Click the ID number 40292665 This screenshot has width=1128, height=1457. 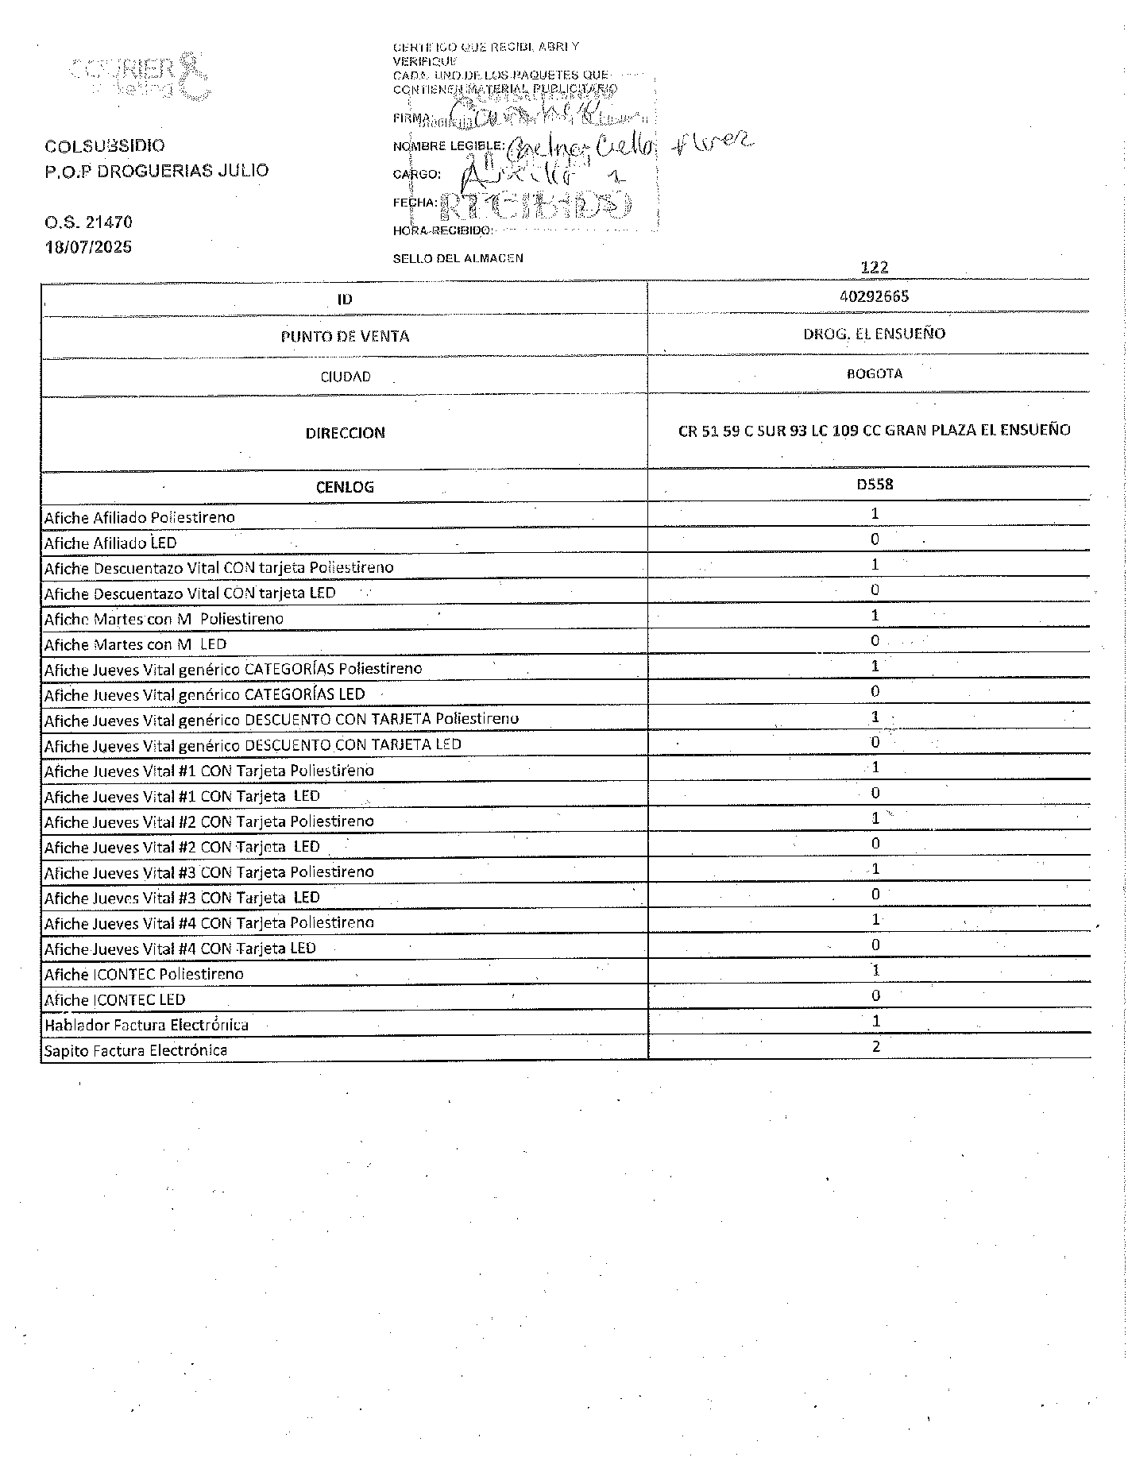[x=874, y=296]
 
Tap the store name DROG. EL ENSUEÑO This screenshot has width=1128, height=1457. [x=874, y=334]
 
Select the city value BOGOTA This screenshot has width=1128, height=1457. [x=874, y=373]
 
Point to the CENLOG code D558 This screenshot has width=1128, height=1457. [x=874, y=484]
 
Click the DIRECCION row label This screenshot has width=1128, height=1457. [x=345, y=433]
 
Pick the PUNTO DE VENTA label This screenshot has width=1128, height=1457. [x=345, y=337]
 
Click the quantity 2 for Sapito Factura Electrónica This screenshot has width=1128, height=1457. [x=875, y=1046]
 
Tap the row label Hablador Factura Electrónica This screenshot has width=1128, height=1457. [x=146, y=1025]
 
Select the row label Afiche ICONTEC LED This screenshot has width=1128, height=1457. [x=114, y=999]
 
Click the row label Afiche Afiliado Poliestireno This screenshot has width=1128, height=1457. [x=139, y=517]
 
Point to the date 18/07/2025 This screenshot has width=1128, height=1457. [x=88, y=246]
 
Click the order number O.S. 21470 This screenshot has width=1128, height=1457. [x=88, y=222]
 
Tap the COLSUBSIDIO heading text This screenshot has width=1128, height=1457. [x=105, y=146]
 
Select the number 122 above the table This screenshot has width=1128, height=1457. [x=874, y=267]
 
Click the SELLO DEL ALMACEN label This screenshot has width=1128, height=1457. [x=458, y=258]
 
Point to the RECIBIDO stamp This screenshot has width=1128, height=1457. [x=535, y=205]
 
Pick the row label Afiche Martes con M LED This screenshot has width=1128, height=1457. [x=135, y=644]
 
